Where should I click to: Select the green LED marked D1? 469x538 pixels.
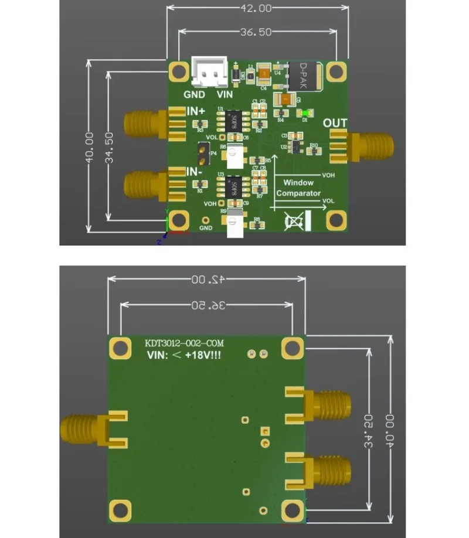tap(305, 112)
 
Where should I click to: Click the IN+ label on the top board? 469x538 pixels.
tap(196, 111)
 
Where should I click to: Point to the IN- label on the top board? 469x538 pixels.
tap(195, 172)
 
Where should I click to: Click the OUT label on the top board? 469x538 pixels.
tap(335, 123)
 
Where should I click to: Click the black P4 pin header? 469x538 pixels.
tap(202, 153)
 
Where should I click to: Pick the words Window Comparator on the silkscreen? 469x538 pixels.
tap(298, 188)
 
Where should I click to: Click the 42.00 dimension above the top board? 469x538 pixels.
tap(256, 8)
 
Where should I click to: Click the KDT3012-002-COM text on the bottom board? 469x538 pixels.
tap(184, 343)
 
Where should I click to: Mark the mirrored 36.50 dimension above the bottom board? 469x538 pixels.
tap(206, 305)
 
